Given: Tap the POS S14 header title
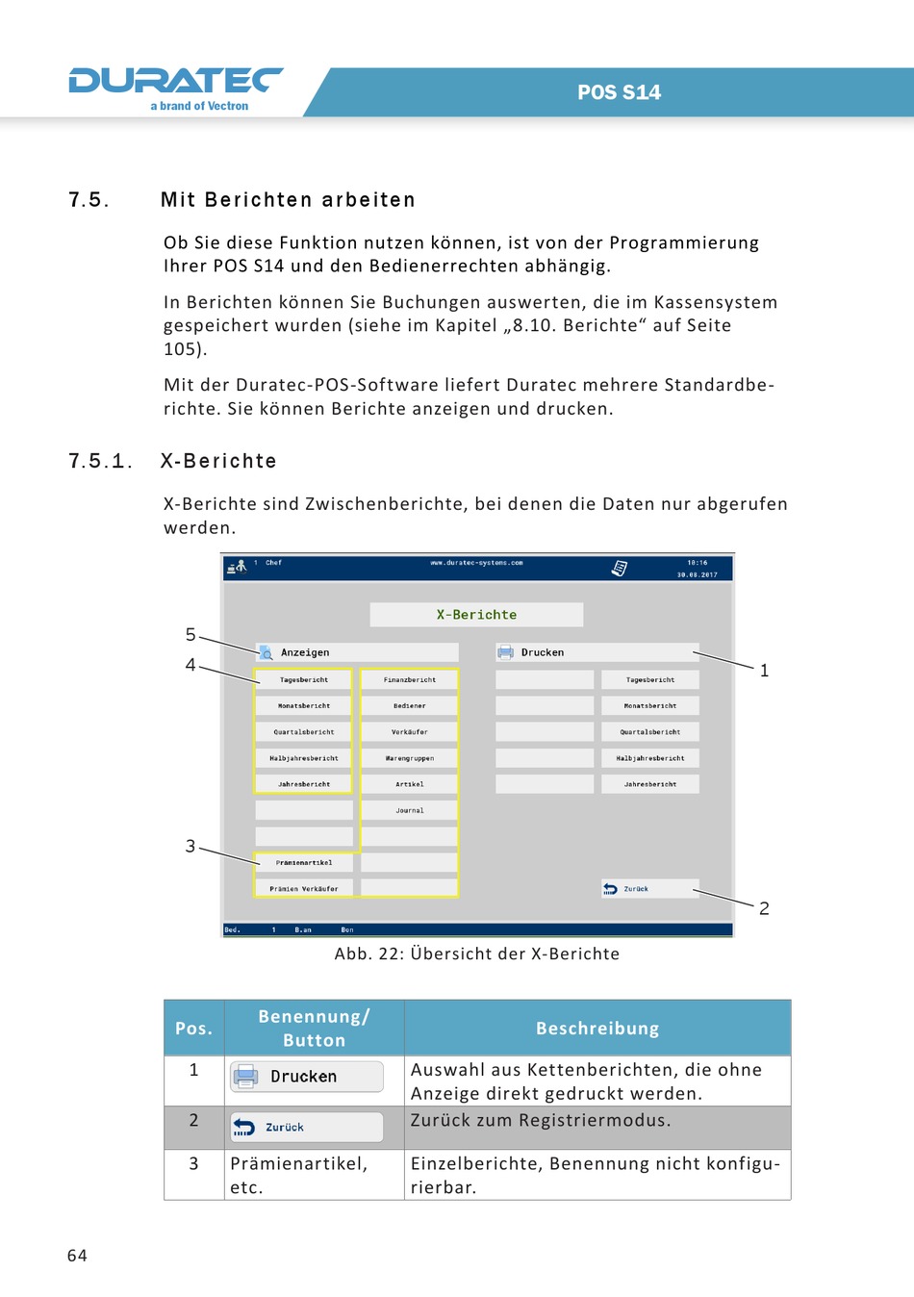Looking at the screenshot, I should (x=619, y=92).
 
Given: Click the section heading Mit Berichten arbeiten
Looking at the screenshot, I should (x=288, y=200).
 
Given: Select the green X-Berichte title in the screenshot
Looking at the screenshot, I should (x=476, y=615).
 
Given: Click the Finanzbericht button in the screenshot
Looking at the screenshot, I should (x=410, y=680).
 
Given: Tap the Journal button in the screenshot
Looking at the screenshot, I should (x=410, y=811).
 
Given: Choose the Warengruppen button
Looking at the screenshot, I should (x=410, y=758).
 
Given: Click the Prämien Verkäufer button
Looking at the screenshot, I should (x=304, y=889).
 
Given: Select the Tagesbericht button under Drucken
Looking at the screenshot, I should (x=650, y=680).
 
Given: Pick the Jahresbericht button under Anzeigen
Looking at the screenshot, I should (x=304, y=784).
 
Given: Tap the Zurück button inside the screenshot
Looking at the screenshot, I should (x=649, y=889).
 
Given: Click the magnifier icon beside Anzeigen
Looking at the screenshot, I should (x=266, y=652).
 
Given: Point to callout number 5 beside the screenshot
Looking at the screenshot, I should (x=190, y=635).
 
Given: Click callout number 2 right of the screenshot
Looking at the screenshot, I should (x=764, y=908).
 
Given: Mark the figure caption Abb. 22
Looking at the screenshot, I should (x=477, y=954).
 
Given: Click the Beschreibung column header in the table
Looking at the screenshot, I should (x=597, y=1029).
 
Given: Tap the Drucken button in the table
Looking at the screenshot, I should (x=306, y=1077).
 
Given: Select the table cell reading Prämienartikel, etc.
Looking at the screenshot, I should (x=298, y=1175).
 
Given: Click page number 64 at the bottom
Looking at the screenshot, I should (x=77, y=1256).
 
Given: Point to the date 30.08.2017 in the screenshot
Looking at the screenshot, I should (x=697, y=574).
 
